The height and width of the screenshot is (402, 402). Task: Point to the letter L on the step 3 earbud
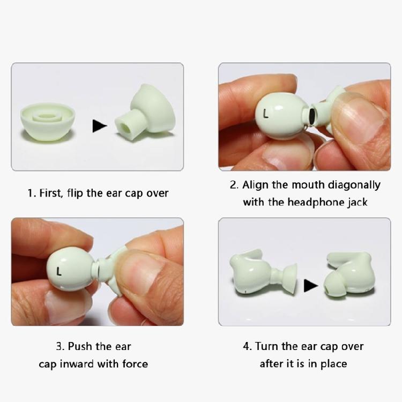pos(59,272)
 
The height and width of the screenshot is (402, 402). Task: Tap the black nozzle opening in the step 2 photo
pos(311,115)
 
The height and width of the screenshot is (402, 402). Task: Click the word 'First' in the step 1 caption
pos(50,193)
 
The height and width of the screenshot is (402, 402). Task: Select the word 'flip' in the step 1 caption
pos(75,193)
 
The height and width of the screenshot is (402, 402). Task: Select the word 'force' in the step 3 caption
pos(134,364)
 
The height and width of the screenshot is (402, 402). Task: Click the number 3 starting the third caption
pos(59,346)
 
